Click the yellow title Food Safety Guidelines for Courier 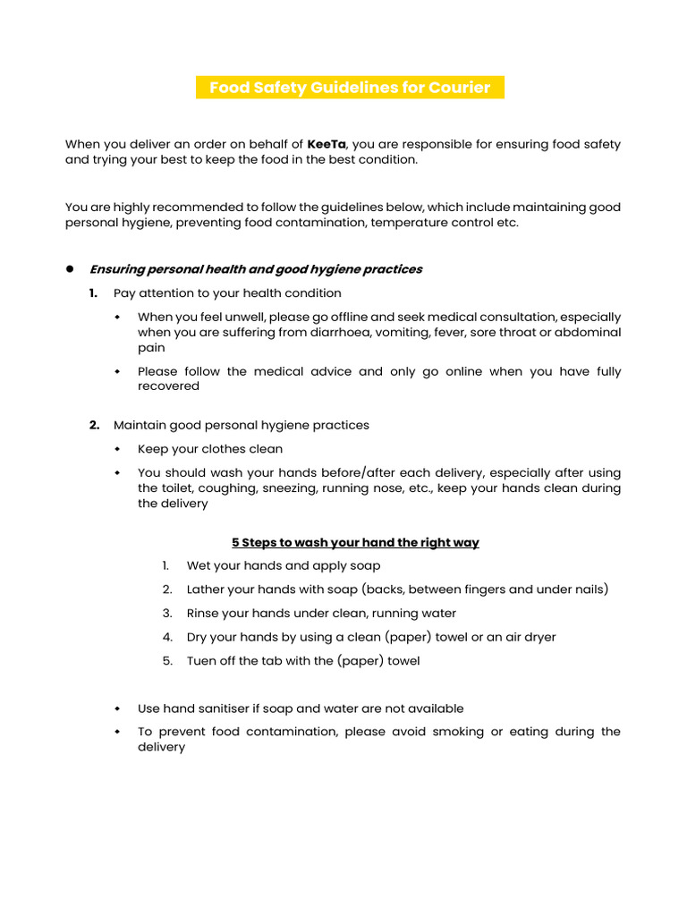350,88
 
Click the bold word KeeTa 327,144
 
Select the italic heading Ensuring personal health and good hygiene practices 255,269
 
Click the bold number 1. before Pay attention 94,293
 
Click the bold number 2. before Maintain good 94,425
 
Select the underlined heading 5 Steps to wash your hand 355,542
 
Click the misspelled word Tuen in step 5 201,661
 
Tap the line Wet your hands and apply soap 284,565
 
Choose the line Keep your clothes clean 210,449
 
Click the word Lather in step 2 206,589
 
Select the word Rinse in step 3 203,614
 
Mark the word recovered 168,386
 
